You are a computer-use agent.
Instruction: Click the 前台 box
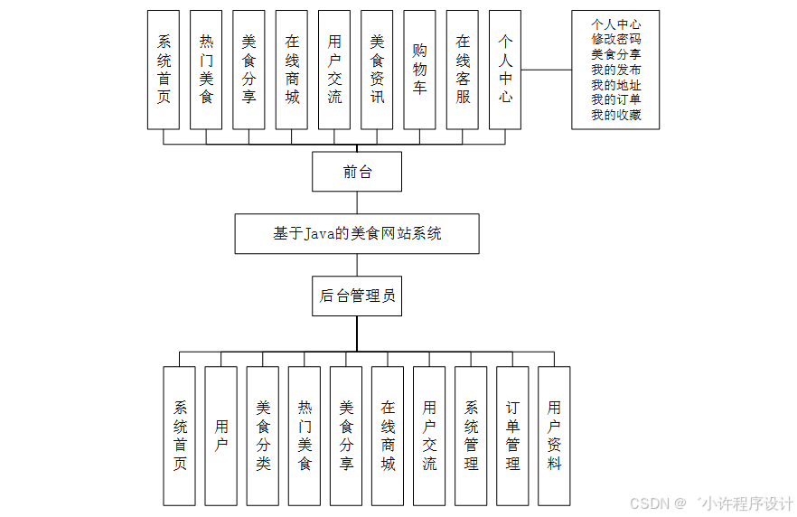356,172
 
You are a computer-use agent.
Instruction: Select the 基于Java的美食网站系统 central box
356,233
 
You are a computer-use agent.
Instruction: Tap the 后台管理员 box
356,296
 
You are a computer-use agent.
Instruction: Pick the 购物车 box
419,70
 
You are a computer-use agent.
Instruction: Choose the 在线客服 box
463,70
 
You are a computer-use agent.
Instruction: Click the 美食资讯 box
377,70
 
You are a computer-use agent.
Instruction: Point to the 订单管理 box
512,436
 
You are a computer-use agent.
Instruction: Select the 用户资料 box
554,436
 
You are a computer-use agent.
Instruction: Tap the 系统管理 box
471,436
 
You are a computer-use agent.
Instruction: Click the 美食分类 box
263,436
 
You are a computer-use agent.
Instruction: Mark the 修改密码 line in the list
616,40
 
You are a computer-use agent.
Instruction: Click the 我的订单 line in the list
616,99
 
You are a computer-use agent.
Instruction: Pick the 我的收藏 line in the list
616,115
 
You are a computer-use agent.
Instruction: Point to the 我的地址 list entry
616,85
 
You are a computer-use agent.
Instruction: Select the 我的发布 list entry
616,70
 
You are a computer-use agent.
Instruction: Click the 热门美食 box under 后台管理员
305,436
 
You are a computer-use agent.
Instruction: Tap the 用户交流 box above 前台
334,70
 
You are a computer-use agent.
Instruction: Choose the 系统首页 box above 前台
164,70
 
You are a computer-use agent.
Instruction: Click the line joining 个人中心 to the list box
546,70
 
